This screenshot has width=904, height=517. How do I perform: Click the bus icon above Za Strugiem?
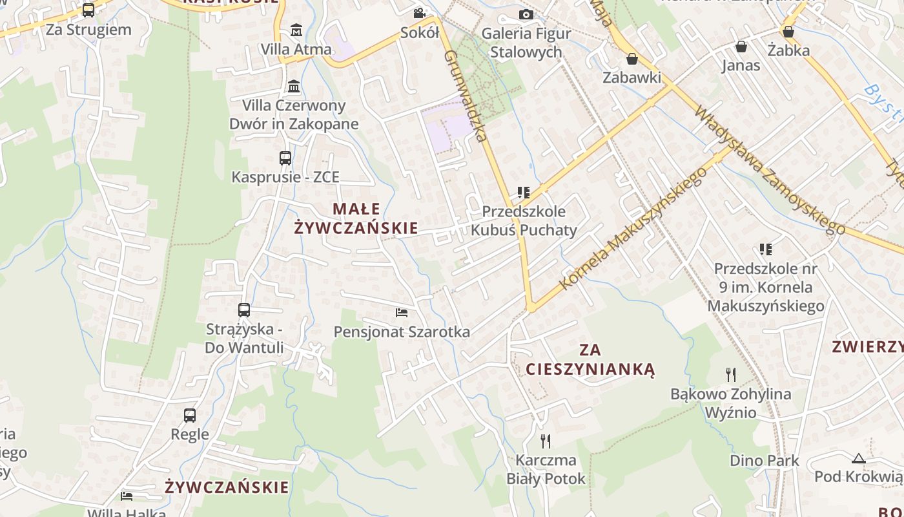coord(88,10)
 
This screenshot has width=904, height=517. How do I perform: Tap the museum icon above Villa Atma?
coord(296,30)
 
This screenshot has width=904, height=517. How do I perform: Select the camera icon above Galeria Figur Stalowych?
coord(526,14)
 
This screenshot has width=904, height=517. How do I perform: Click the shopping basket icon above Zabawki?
coord(632,59)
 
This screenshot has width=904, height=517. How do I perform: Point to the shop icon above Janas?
coord(741,47)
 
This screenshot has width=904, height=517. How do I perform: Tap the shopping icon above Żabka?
coord(788,31)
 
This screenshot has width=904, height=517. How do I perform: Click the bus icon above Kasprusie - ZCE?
coord(285,158)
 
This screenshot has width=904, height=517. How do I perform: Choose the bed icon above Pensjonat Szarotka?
coord(402,313)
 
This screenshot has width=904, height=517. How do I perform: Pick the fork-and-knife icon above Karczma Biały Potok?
coord(546,441)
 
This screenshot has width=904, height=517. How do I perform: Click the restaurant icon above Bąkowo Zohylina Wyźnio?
coord(730,374)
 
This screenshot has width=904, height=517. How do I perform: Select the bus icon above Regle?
coord(190,415)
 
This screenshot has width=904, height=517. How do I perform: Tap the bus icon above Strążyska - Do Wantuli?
coord(243,310)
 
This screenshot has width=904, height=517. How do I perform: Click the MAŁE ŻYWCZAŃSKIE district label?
coord(356,218)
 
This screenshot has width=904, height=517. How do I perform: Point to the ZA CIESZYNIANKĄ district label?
coord(590,360)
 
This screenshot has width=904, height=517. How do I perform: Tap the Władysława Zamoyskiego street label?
coord(768,170)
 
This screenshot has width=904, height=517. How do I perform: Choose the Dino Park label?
coord(764,461)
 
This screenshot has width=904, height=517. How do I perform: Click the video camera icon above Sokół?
coord(419,13)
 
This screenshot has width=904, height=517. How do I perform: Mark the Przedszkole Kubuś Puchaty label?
coord(524,220)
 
